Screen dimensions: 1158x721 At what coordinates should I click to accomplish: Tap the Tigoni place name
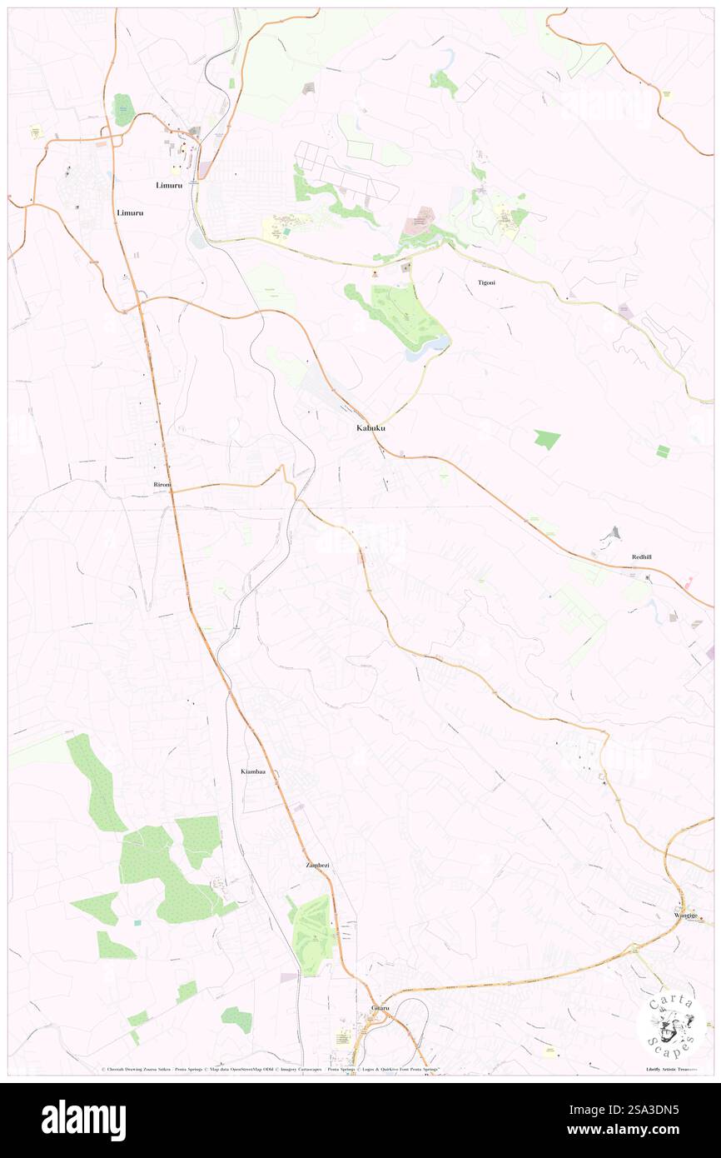click(486, 283)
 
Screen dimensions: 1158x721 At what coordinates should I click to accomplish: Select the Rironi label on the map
click(162, 484)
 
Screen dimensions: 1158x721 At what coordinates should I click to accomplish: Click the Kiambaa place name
click(253, 772)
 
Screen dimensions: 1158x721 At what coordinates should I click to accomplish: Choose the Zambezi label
click(317, 866)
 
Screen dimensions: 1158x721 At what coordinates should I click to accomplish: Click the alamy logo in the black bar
click(83, 1121)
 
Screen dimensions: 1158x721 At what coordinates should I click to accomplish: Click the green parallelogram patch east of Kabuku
click(547, 439)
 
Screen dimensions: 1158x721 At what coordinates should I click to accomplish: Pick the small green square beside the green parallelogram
click(663, 452)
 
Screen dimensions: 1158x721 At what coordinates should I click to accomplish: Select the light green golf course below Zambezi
click(312, 933)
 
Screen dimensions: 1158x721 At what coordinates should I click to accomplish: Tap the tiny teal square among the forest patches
click(137, 923)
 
